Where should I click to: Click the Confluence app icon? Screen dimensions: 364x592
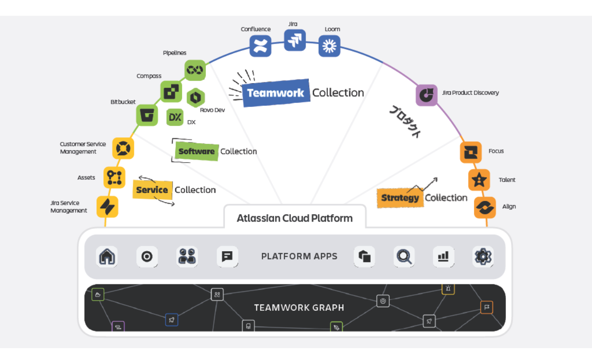[260, 46]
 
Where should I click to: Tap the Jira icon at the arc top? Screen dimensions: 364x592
[295, 40]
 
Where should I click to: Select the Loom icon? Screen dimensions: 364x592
[329, 45]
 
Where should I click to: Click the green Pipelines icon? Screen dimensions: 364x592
[195, 70]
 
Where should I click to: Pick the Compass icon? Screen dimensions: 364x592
[171, 91]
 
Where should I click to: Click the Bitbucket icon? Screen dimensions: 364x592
[147, 115]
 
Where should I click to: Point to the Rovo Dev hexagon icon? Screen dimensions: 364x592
[196, 97]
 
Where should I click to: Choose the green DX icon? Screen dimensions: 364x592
[175, 117]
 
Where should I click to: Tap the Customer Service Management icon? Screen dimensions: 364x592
[123, 148]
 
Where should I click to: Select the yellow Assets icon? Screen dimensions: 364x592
[114, 177]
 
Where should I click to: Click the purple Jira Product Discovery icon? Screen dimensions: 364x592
[427, 95]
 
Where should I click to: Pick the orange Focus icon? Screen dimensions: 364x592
[470, 152]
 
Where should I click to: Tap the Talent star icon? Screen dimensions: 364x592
[479, 180]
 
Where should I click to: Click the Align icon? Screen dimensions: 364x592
[485, 207]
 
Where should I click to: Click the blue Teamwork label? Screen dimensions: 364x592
[276, 93]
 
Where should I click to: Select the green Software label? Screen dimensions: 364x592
[197, 152]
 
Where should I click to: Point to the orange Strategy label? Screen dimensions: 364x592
[400, 198]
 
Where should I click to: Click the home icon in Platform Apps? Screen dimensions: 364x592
[107, 257]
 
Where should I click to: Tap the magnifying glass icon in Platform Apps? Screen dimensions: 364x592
[404, 257]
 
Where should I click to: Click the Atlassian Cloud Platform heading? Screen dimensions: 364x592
[295, 218]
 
